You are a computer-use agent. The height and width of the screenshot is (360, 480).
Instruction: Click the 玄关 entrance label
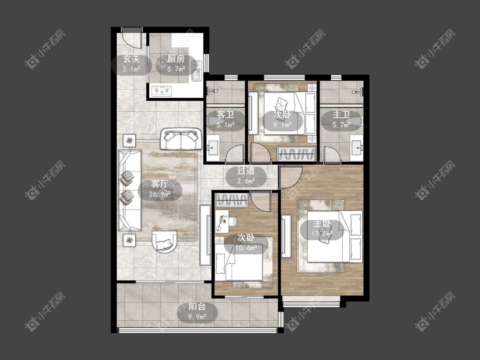131,58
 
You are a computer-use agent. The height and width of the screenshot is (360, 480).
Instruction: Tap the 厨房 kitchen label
176,58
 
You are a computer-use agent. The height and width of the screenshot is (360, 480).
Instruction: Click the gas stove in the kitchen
161,91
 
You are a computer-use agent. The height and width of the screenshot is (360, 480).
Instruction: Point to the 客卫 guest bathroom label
225,115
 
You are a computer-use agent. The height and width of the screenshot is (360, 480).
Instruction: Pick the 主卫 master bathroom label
341,115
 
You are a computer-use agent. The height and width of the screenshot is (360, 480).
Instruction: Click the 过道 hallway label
246,171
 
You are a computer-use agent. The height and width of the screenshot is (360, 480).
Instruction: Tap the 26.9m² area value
160,194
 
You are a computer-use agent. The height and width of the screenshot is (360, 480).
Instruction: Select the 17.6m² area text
322,234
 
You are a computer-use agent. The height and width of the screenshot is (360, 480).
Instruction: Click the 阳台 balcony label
197,306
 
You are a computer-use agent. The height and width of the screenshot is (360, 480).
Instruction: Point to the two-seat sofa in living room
181,139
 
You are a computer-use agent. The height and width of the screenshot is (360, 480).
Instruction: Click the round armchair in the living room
164,241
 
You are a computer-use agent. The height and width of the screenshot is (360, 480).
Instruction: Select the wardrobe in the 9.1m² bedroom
297,154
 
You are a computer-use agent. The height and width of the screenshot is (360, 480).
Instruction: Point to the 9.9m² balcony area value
197,317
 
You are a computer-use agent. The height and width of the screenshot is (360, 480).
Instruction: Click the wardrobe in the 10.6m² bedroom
232,200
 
